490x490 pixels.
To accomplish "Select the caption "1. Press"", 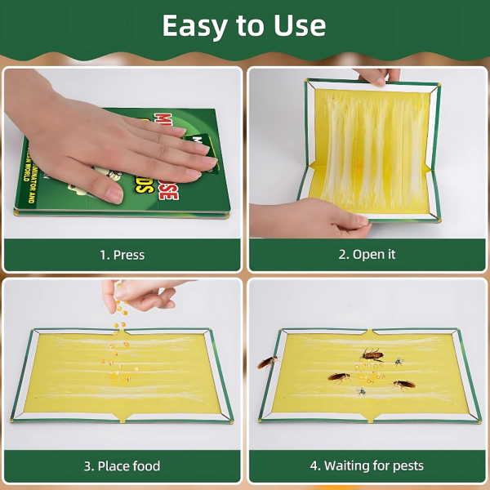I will point(122,255).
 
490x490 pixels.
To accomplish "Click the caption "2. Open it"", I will point(367,255).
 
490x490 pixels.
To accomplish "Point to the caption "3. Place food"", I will point(122,466).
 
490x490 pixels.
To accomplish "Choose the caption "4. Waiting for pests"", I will point(367,466).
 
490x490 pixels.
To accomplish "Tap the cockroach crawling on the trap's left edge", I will point(267,361).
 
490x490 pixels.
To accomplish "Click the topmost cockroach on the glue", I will point(372,355).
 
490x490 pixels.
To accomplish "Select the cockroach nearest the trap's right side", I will point(403,384).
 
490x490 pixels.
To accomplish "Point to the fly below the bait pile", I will point(361,392).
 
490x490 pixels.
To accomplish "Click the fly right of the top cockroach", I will point(399,361).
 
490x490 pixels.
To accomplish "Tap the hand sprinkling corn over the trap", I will point(143,296).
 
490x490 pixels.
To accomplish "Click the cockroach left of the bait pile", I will point(339,376).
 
